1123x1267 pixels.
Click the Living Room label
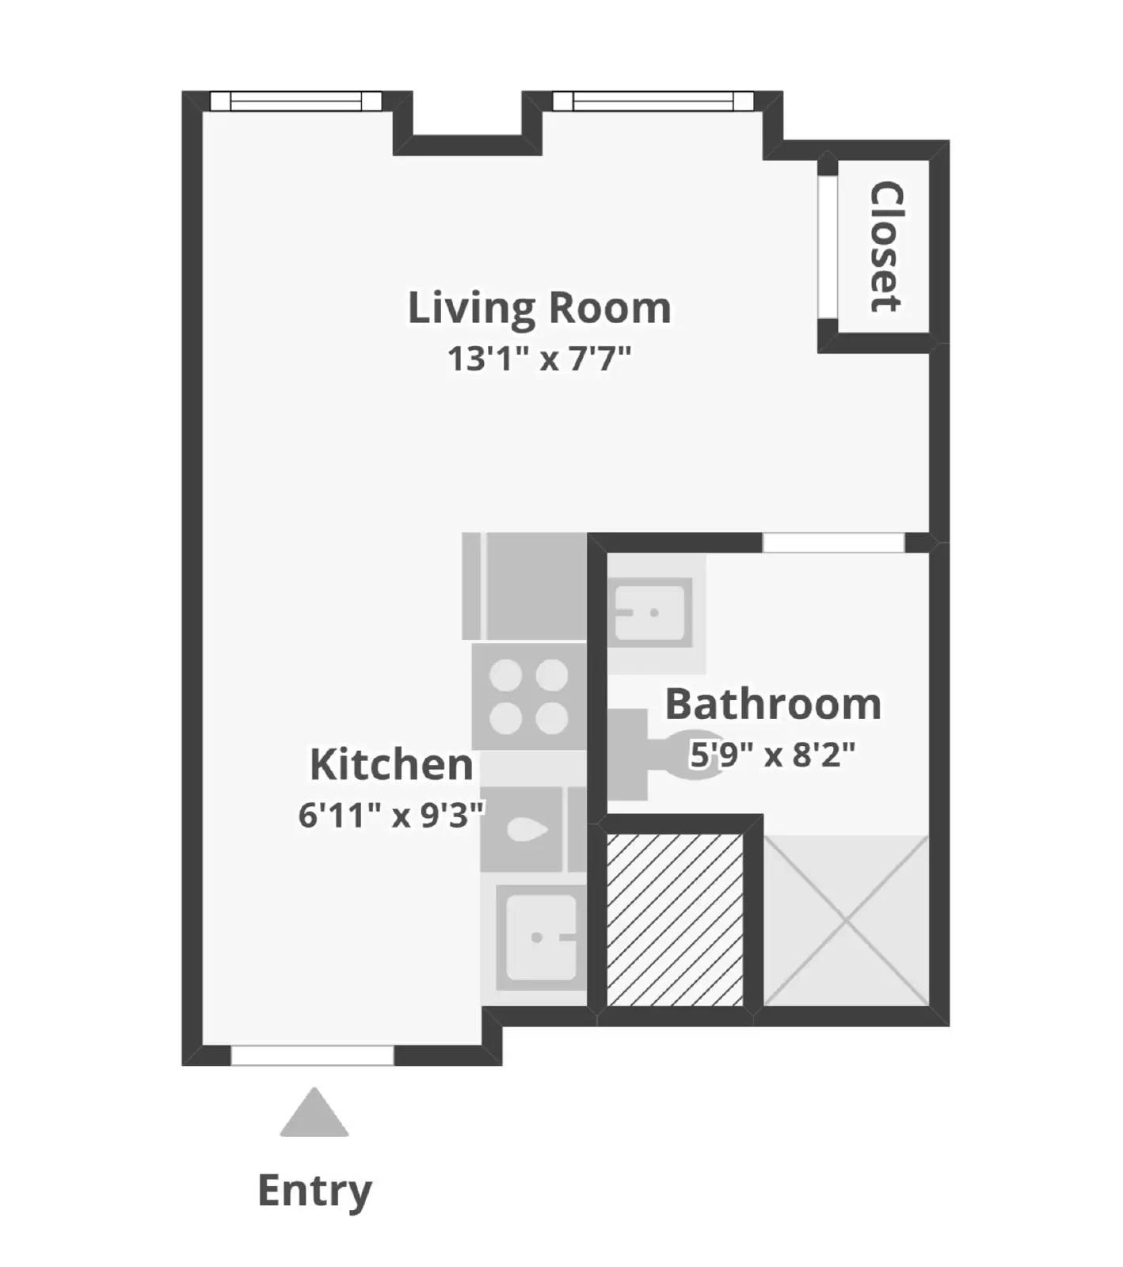(539, 308)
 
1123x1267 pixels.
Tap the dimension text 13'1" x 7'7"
(539, 358)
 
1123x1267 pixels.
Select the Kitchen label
(391, 764)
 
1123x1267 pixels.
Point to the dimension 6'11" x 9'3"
(391, 814)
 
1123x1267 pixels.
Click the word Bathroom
(773, 704)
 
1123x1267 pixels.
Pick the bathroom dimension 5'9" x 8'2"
(773, 754)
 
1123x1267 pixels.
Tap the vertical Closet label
(886, 247)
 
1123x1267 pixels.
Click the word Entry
(314, 1190)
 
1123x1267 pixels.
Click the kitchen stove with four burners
(529, 697)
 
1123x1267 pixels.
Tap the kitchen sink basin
(541, 938)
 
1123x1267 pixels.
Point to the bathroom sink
(651, 612)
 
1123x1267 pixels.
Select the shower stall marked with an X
(846, 920)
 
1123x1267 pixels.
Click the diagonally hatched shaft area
(675, 920)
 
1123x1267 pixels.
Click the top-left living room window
(295, 101)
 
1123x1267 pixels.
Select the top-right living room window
(653, 101)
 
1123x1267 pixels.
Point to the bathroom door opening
(833, 542)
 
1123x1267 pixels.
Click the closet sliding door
(828, 247)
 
